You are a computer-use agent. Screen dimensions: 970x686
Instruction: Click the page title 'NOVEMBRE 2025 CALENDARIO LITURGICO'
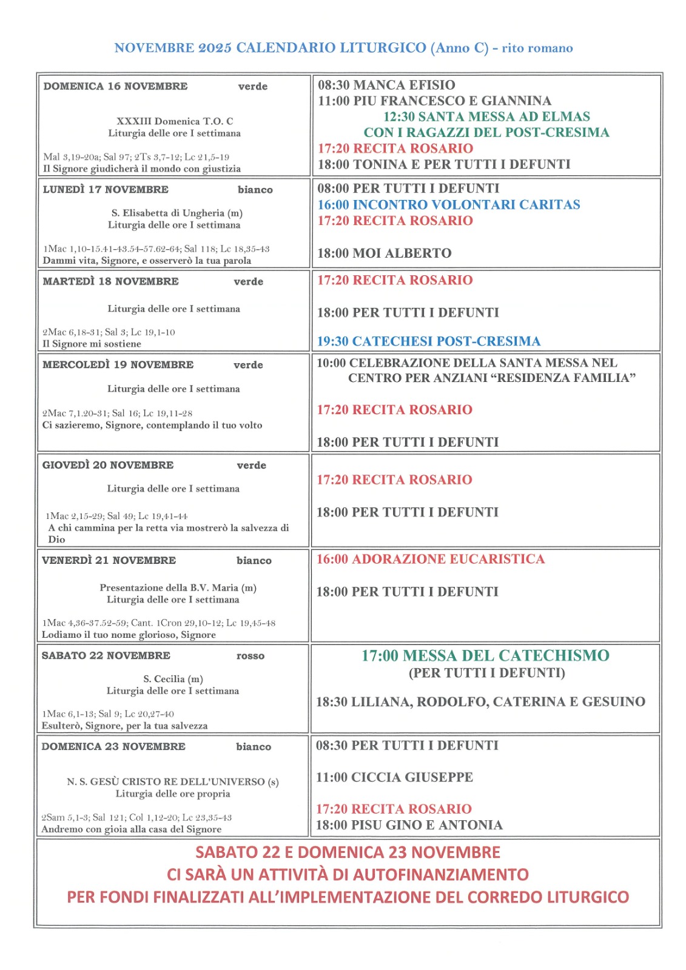270,48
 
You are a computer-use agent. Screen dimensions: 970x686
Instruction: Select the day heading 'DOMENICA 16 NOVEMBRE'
115,86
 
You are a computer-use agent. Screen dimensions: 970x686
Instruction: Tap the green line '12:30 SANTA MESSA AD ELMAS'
486,116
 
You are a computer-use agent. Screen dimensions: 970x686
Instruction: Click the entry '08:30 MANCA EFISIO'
386,85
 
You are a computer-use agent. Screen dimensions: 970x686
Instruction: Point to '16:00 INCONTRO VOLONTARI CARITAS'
449,205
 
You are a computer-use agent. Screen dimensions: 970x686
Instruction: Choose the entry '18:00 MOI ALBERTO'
384,253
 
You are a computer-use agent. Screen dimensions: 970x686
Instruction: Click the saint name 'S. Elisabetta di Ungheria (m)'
177,213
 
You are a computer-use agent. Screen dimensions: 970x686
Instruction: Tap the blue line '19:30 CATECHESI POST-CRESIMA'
428,341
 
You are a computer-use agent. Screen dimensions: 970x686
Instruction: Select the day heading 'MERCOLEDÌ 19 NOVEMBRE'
118,364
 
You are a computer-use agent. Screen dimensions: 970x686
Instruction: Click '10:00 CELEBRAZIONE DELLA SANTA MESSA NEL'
467,363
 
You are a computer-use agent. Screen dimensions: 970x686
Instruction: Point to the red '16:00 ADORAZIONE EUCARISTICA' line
431,559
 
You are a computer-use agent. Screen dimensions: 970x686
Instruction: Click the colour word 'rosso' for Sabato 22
251,655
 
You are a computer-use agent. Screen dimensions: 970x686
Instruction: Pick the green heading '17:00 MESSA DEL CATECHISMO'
485,655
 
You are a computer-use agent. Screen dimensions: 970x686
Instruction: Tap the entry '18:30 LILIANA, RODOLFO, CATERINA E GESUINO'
480,702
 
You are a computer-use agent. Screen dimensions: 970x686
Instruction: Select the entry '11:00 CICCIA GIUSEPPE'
394,777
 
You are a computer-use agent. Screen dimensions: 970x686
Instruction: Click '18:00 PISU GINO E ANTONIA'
409,825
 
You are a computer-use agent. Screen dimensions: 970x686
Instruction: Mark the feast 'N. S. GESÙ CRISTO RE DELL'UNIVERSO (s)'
173,781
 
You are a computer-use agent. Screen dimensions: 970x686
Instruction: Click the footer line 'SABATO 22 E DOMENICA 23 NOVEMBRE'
348,852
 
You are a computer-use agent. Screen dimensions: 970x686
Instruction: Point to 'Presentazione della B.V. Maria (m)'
178,587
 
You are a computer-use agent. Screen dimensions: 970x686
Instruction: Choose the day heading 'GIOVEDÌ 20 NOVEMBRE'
107,465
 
